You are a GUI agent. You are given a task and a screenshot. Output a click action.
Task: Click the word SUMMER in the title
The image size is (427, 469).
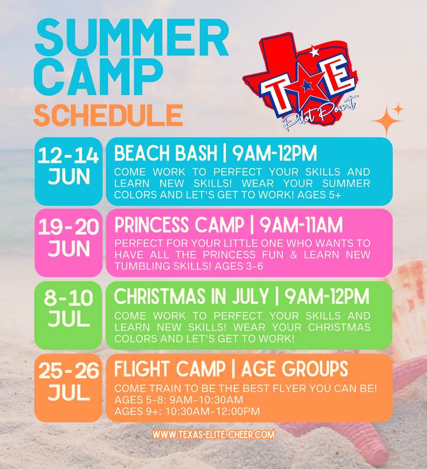tap(132, 38)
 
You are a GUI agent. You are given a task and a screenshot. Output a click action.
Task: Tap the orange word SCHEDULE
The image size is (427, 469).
tap(108, 116)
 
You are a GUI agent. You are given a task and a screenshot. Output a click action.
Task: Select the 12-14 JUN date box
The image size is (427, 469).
tap(69, 171)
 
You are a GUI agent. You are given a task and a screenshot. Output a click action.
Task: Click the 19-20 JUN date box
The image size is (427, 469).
tap(69, 243)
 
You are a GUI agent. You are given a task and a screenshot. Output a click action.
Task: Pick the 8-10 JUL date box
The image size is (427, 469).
tap(69, 315)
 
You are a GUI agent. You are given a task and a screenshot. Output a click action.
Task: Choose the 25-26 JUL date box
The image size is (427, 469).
tap(69, 388)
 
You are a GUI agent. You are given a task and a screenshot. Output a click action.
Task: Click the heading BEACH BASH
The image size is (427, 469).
tap(165, 153)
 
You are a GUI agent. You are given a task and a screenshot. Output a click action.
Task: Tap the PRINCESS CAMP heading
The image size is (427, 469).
tap(179, 225)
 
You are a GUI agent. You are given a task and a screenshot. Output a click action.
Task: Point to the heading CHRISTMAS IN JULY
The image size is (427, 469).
tap(191, 296)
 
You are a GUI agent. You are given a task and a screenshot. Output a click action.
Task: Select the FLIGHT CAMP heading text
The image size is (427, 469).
tap(170, 369)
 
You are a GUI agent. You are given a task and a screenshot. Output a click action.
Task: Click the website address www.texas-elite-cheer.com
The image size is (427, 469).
tap(213, 434)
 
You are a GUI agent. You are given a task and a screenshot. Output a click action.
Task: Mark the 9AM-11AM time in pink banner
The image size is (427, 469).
tap(301, 225)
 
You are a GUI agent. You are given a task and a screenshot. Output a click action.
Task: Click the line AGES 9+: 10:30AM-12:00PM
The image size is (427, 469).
tap(187, 411)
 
